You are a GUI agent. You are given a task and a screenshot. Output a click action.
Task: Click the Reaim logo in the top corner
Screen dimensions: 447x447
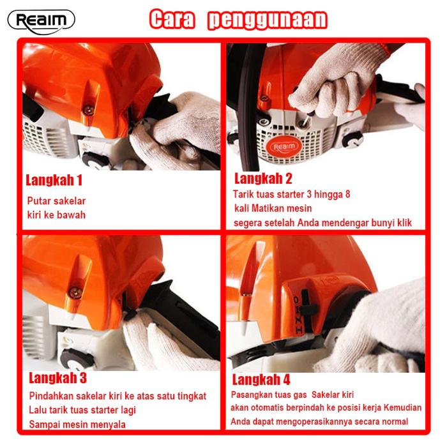[x=42, y=22]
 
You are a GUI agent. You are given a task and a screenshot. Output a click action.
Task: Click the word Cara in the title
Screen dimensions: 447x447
[x=172, y=19]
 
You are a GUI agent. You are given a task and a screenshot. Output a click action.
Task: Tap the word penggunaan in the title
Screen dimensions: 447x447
[x=268, y=20]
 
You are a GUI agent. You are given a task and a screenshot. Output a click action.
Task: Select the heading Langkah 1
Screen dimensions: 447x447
[x=54, y=180]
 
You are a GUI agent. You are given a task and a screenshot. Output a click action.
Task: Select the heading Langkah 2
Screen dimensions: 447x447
[x=263, y=178]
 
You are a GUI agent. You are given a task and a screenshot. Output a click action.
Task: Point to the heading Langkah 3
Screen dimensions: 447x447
[x=57, y=378]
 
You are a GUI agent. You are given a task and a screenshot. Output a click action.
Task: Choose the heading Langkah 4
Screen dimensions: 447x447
[x=261, y=380]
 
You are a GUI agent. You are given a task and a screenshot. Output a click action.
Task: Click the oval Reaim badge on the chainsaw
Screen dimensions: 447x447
[x=284, y=147]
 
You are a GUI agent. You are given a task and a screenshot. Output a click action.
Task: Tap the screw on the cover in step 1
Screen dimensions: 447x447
[x=89, y=110]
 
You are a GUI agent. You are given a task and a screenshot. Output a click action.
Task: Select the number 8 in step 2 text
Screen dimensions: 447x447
[x=347, y=194]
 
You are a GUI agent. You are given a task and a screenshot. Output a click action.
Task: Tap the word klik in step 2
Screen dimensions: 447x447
[x=405, y=223]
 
